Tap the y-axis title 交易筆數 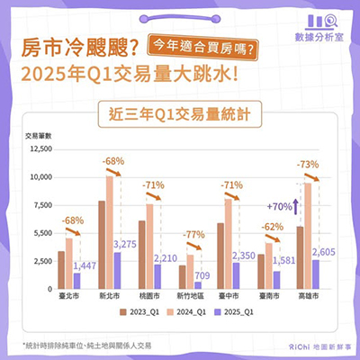(x=39, y=135)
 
